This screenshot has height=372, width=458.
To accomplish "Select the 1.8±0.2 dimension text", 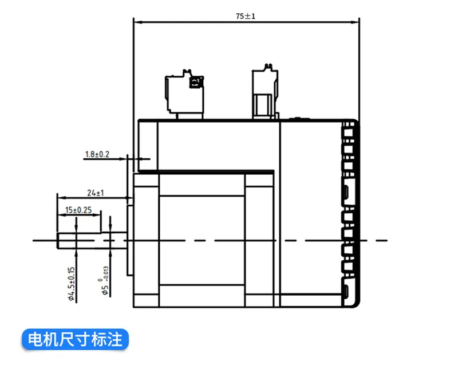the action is click(x=96, y=154).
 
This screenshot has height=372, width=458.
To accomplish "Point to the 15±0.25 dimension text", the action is click(x=79, y=210).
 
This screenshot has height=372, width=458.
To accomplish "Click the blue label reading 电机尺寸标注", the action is click(x=75, y=339).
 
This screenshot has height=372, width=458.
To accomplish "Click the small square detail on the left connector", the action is click(x=194, y=83).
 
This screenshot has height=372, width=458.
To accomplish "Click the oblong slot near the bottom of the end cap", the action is click(x=347, y=291).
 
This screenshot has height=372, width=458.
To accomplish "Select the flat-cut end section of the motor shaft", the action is click(x=79, y=241).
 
